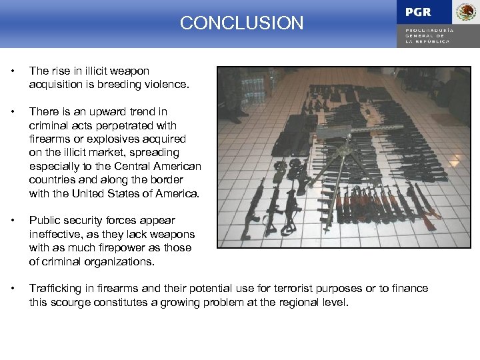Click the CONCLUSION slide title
tap(241, 23)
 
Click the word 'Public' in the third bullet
tap(45, 220)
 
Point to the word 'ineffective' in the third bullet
tap(55, 234)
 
